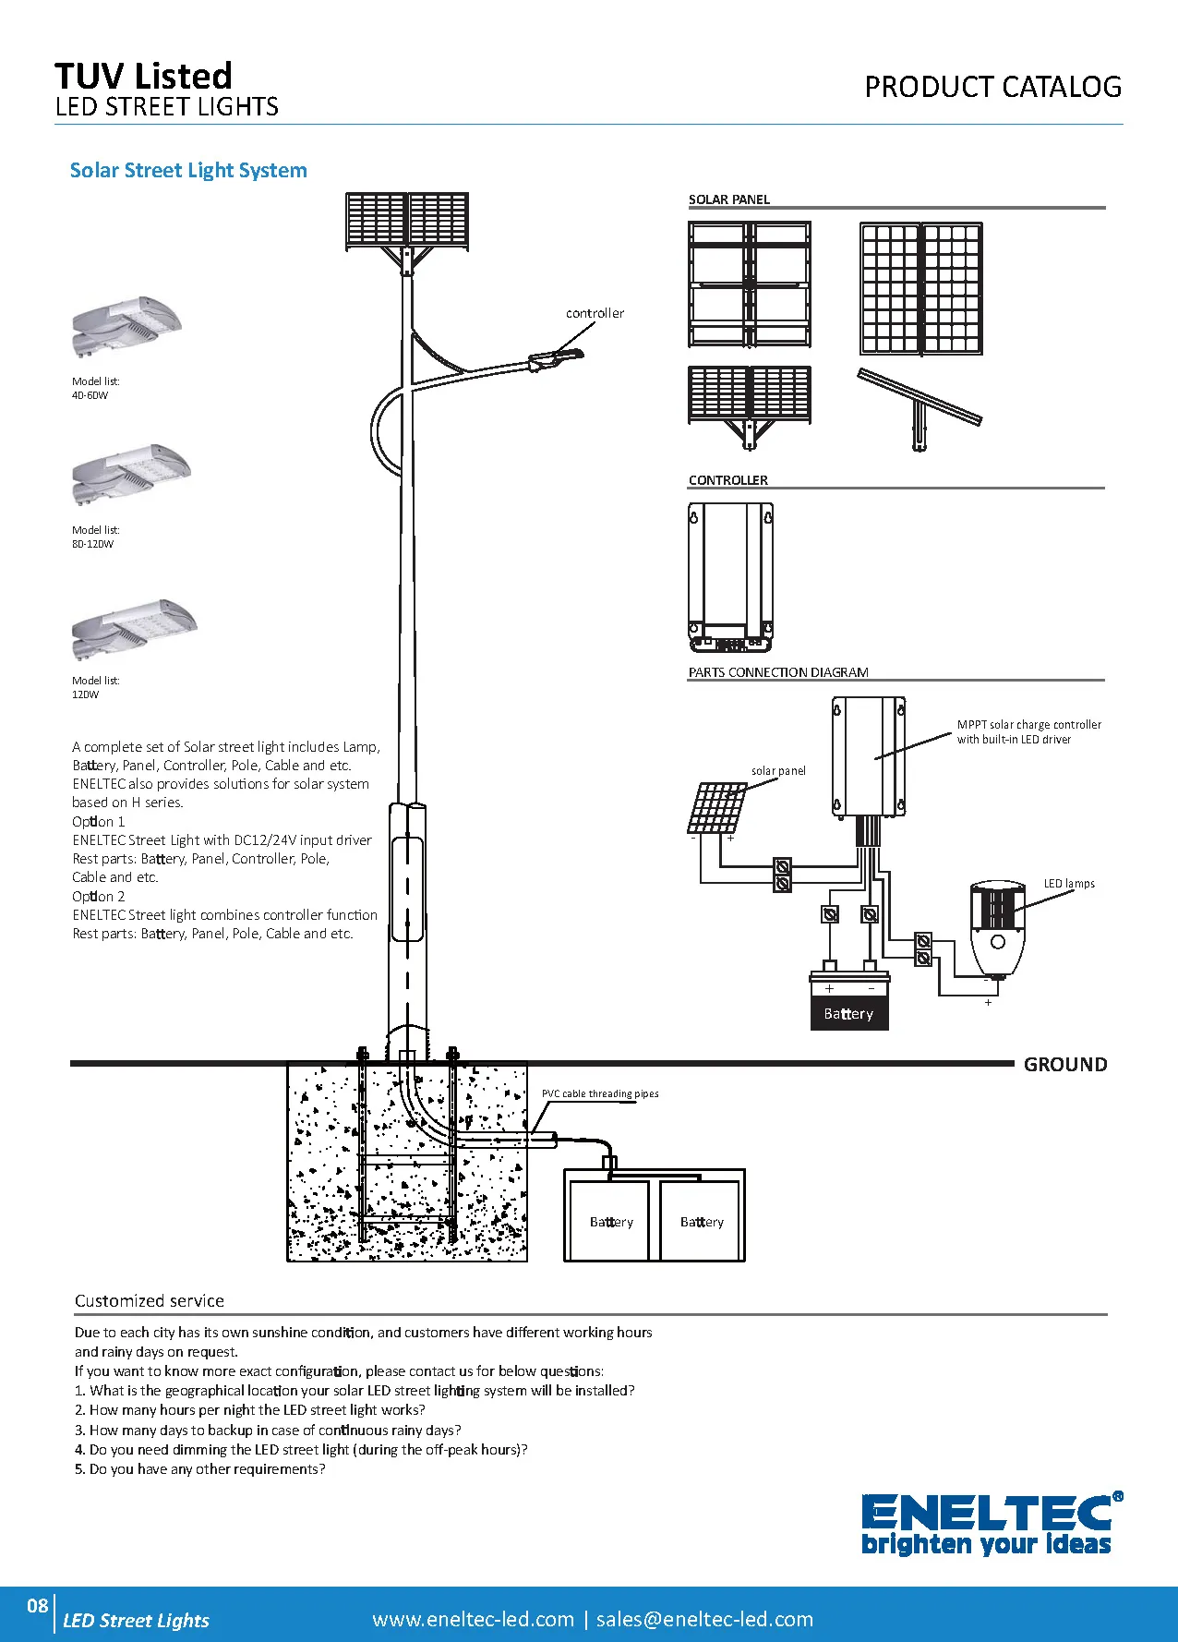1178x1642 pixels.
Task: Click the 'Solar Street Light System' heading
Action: point(188,171)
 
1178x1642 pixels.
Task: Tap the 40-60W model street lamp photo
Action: point(126,326)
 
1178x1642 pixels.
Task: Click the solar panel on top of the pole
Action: point(406,220)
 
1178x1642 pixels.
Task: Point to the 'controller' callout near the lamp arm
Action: point(595,314)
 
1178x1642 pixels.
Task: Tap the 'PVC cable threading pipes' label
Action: point(600,1093)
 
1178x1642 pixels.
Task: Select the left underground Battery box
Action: point(610,1221)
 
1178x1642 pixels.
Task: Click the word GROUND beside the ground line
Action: point(1065,1065)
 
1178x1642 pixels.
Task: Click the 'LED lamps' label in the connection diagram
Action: point(1069,884)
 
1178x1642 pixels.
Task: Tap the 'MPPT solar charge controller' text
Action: point(1028,725)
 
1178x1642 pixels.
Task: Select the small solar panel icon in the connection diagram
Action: point(716,808)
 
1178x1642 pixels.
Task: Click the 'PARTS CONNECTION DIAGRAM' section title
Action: point(778,672)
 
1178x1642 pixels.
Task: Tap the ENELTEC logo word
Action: point(986,1512)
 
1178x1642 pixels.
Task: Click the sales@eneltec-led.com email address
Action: point(704,1619)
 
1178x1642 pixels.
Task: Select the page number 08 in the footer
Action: point(37,1605)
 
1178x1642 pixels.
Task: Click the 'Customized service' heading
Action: point(150,1301)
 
